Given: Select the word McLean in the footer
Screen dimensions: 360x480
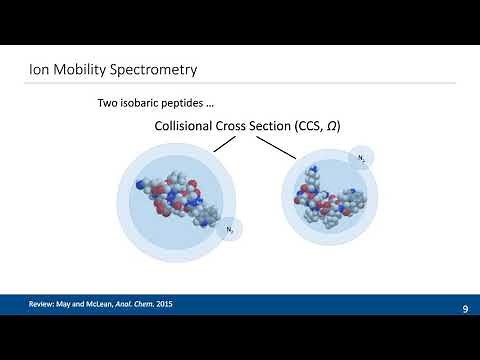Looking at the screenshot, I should [113, 303].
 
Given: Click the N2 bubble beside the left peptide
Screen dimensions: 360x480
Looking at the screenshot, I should [230, 231].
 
